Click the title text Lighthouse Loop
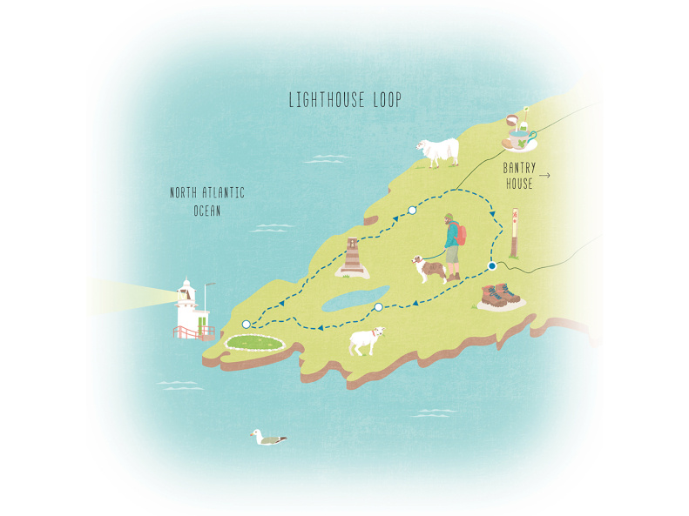[345, 101]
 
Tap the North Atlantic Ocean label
[207, 201]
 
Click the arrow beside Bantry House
[545, 176]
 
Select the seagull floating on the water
[267, 438]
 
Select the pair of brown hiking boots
[499, 297]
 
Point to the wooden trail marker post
[514, 232]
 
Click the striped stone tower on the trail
[353, 257]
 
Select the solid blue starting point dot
[492, 266]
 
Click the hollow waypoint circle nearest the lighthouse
[246, 324]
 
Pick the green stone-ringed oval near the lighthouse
[256, 343]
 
